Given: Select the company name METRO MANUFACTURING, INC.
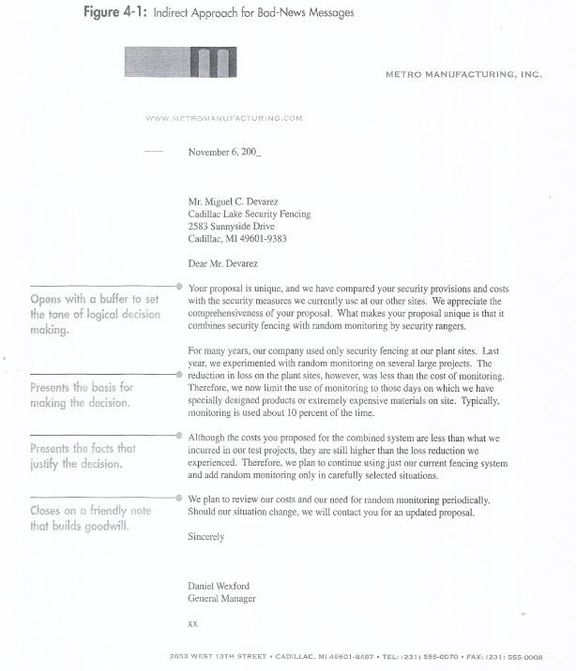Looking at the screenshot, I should pos(463,73).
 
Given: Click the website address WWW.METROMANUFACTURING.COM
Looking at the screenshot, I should pos(224,118).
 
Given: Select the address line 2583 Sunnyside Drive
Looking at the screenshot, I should pos(231,226).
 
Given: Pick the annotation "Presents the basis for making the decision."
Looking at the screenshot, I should pos(82,395).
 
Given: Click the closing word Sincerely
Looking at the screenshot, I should pos(208,538).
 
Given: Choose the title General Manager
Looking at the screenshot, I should pos(221,598).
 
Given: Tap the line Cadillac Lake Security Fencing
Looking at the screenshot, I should pos(249,214).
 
